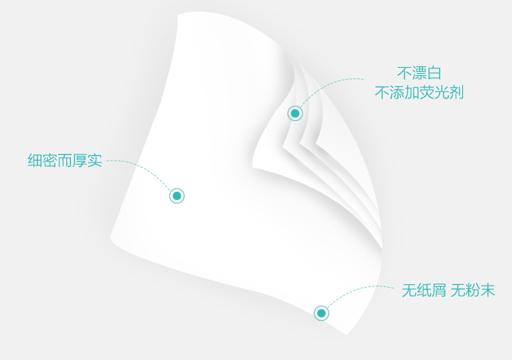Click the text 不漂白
419,73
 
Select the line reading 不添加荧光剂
419,93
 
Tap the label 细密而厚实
65,161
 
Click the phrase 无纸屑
423,290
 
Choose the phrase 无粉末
472,290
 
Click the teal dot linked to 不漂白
295,113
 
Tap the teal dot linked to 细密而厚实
177,196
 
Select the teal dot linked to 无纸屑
321,313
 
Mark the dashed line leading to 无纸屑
355,292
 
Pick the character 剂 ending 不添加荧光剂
456,93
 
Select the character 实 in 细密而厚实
95,161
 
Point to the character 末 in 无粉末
487,290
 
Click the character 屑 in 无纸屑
438,290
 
